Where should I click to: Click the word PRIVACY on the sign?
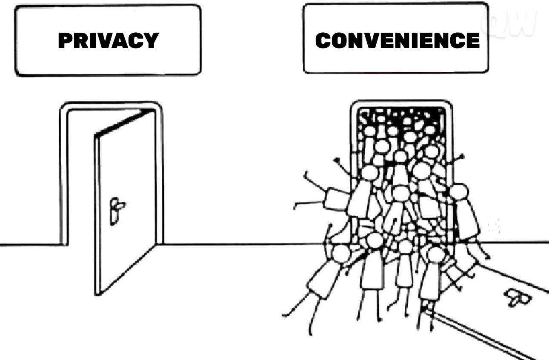click(x=109, y=40)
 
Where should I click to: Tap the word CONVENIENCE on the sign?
click(x=397, y=40)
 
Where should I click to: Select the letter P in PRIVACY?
click(x=65, y=40)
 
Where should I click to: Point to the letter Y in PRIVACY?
click(x=151, y=40)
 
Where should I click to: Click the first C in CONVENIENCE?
click(x=323, y=40)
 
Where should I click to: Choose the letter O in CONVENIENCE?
click(x=340, y=40)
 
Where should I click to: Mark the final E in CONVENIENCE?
click(x=473, y=40)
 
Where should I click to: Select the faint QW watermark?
click(x=509, y=23)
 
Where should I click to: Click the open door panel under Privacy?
click(x=125, y=203)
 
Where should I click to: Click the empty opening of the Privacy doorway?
click(x=81, y=177)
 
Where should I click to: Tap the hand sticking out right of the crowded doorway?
click(x=462, y=157)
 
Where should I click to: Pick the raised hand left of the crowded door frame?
click(x=337, y=160)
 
